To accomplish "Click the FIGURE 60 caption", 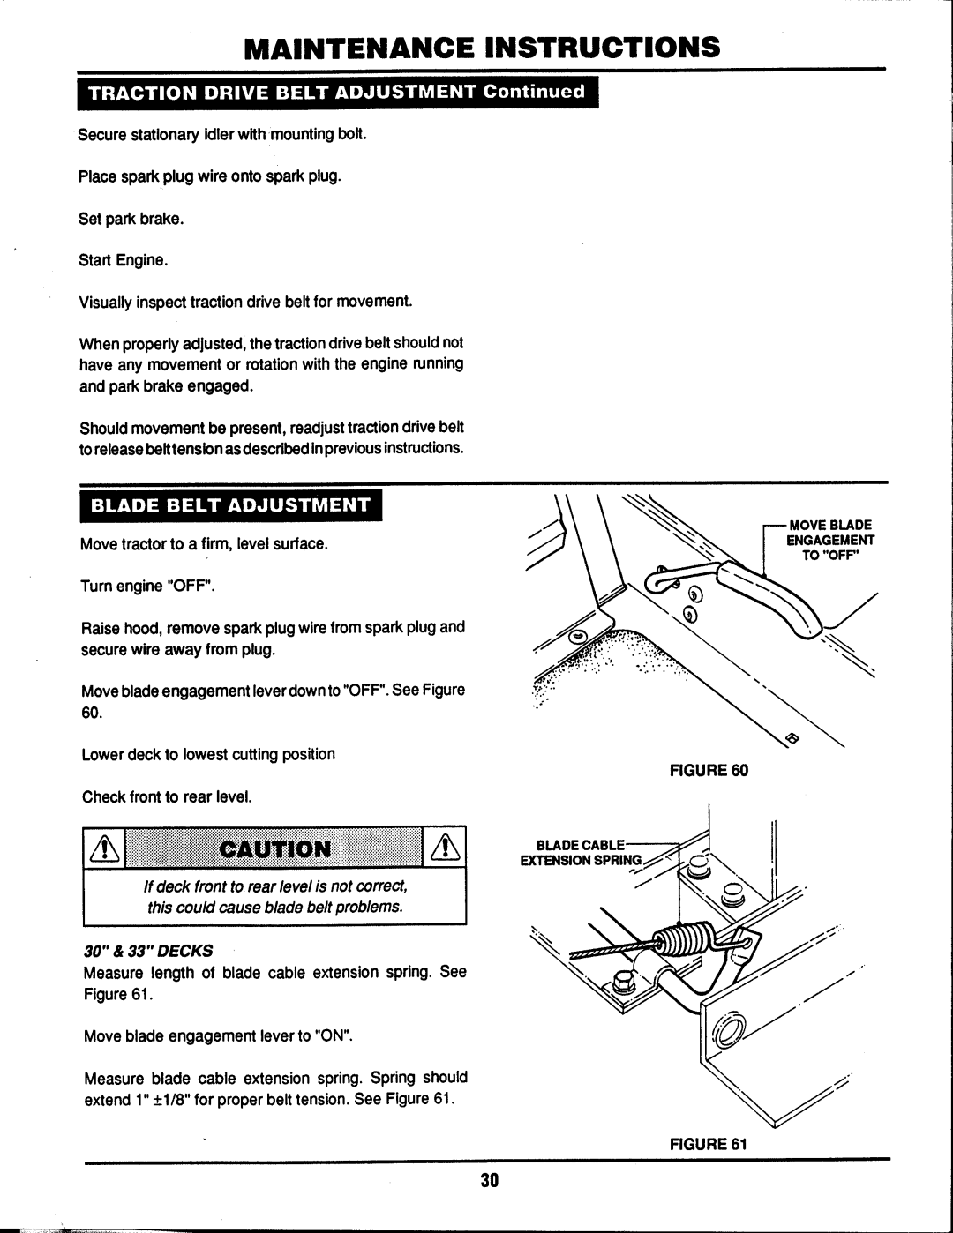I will point(714,770).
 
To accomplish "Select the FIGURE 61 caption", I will point(714,1144).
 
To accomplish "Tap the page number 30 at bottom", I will point(491,1182).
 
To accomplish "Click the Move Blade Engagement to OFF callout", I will point(829,541).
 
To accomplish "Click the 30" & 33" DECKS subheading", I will point(148,951).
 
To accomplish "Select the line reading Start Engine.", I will point(123,261).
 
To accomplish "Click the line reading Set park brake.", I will point(131,219).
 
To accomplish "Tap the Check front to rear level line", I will point(167,797).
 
